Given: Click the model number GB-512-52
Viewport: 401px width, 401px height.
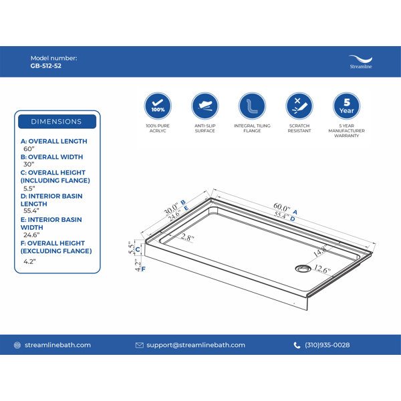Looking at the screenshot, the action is tap(45, 66).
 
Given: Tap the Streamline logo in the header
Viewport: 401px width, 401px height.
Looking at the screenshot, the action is tap(361, 62).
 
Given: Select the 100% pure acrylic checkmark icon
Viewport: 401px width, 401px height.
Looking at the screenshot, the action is tap(158, 106).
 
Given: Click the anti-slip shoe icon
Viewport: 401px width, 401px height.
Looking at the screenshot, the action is tap(205, 106).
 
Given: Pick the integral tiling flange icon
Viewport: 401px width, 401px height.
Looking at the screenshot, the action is tap(252, 106).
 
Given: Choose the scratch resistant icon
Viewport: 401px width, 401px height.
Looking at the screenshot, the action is tap(299, 106).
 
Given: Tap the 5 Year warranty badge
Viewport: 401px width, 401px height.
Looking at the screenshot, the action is tap(346, 106).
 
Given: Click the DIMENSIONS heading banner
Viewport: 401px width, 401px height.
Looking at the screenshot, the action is tap(57, 122).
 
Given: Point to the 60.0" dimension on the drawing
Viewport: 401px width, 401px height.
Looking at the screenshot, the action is tap(281, 207).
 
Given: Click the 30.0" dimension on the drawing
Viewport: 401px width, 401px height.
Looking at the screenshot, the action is tap(171, 209).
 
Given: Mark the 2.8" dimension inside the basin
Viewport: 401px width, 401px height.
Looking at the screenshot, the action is tap(187, 237).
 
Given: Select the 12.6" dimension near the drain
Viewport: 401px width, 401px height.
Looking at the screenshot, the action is tap(322, 269).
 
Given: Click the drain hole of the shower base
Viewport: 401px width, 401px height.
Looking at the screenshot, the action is tap(303, 269).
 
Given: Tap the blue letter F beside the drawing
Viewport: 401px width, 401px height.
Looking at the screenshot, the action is tap(144, 269).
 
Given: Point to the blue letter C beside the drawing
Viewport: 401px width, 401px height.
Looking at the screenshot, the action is tap(138, 249).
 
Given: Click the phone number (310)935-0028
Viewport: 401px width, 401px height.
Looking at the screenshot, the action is tap(327, 345).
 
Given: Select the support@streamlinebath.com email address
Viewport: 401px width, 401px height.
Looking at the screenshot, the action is tap(196, 345).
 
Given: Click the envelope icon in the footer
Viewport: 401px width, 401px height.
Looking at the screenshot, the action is tap(140, 346).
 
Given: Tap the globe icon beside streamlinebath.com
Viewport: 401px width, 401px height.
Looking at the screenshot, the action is tap(17, 346).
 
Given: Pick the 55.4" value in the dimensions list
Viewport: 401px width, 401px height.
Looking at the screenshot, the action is tap(31, 211).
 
